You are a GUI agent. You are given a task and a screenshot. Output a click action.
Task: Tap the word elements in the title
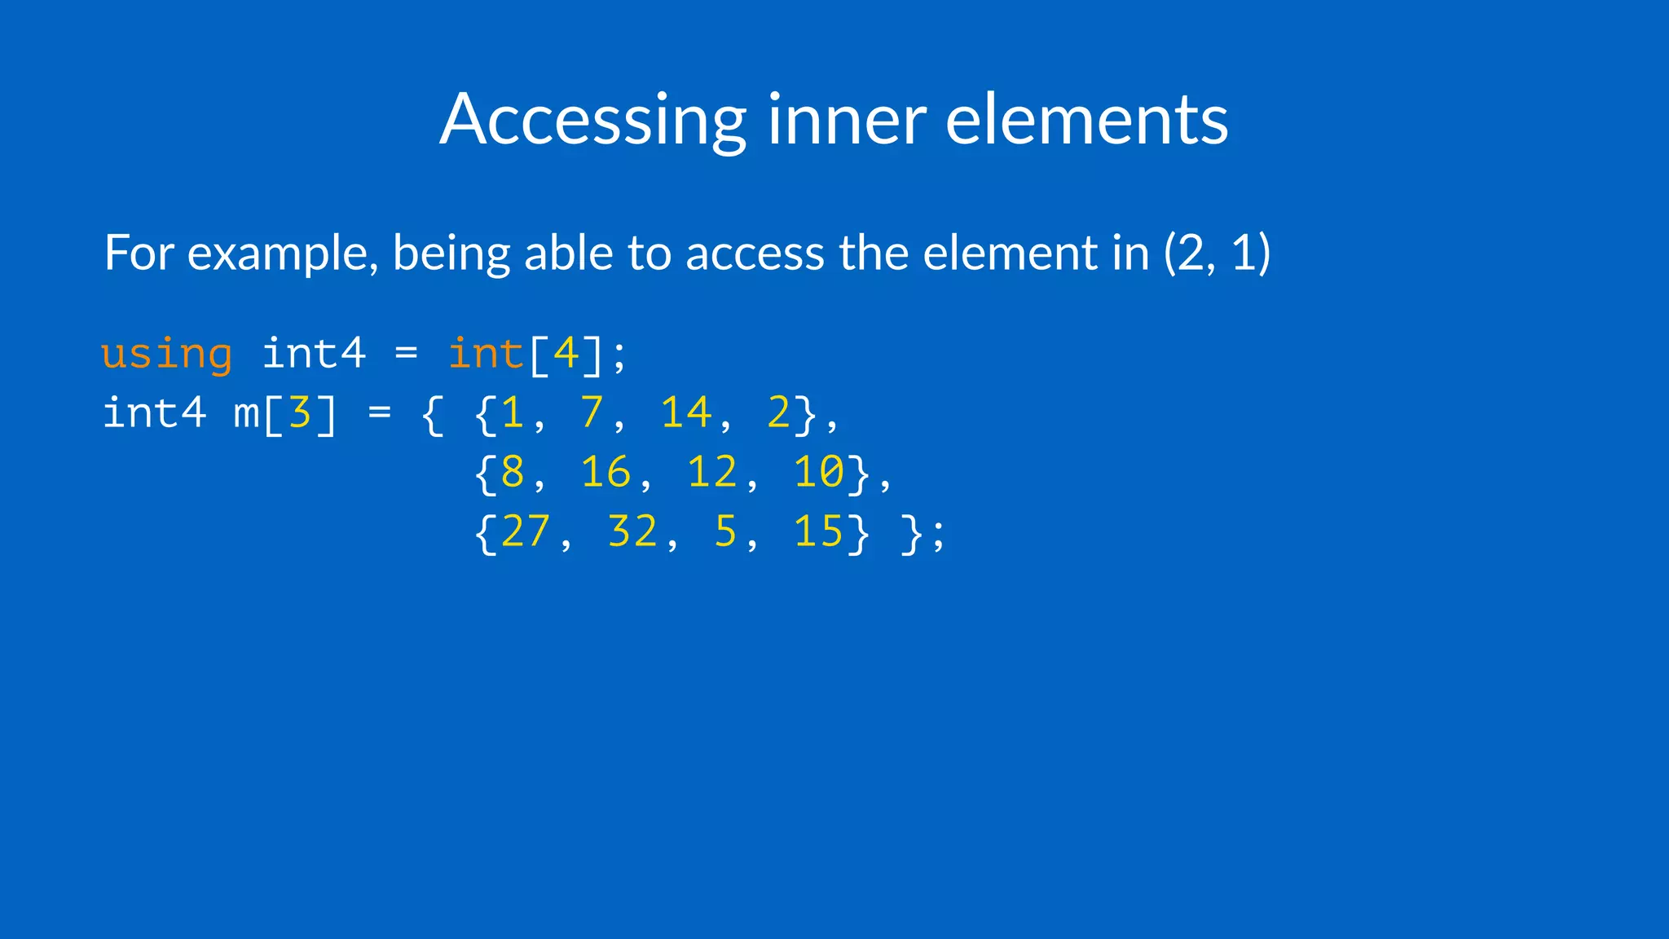pos(1086,121)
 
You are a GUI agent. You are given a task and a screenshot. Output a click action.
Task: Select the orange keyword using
pos(167,355)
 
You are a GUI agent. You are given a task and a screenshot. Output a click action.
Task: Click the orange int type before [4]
pos(486,355)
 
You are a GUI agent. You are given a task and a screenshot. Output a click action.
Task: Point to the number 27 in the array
pos(526,532)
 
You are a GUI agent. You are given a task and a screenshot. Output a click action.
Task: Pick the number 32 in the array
pos(632,532)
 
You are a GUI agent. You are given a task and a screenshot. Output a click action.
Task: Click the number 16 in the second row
pos(606,473)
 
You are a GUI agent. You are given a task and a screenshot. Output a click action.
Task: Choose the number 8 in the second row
pos(513,473)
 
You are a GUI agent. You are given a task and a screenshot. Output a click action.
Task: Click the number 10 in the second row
pos(819,473)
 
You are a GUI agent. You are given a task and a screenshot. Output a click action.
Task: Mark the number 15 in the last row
pos(819,532)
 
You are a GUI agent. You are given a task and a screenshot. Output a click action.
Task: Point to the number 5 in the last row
pos(725,532)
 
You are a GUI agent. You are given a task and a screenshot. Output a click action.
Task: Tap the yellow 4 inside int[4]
pos(566,355)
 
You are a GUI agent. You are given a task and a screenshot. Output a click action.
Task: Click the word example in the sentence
pos(283,253)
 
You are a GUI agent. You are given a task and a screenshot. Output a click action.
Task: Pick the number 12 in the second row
pos(712,473)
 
